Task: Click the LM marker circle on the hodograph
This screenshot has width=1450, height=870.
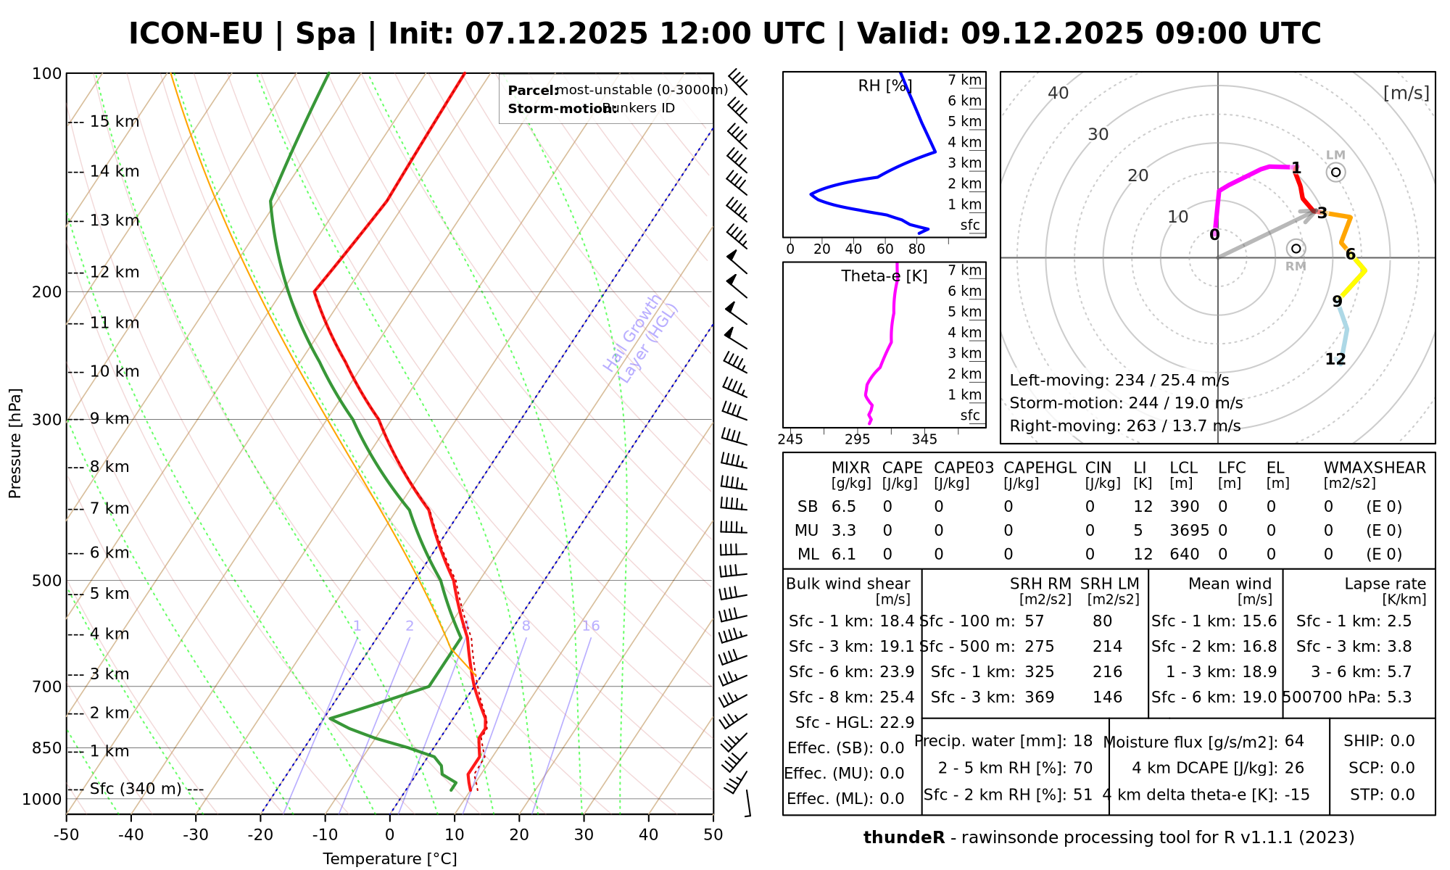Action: [x=1335, y=172]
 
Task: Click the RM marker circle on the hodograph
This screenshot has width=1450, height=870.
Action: [x=1296, y=249]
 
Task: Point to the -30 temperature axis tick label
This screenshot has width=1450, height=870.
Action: [x=196, y=834]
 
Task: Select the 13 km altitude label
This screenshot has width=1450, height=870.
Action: [x=115, y=220]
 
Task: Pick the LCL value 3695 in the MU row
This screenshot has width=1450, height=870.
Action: [x=1189, y=531]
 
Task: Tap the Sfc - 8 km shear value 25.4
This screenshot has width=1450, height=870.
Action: [x=897, y=697]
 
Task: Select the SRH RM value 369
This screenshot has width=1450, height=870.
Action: [x=1039, y=697]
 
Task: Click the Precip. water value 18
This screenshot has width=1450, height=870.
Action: [x=1082, y=741]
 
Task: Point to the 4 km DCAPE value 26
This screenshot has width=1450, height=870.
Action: [x=1294, y=768]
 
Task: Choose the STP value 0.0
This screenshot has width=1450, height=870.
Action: [x=1403, y=795]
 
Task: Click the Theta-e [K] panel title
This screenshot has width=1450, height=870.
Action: [x=884, y=276]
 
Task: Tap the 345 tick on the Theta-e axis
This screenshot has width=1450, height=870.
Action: [x=924, y=439]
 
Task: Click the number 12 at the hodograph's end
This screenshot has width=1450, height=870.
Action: [x=1335, y=359]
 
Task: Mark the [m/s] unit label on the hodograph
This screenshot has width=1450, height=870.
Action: [x=1406, y=93]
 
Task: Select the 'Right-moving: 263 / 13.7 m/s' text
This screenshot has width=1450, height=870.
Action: [x=1124, y=426]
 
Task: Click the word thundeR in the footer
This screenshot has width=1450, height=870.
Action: [x=903, y=838]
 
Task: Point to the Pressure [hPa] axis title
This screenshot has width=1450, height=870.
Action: [x=15, y=443]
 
